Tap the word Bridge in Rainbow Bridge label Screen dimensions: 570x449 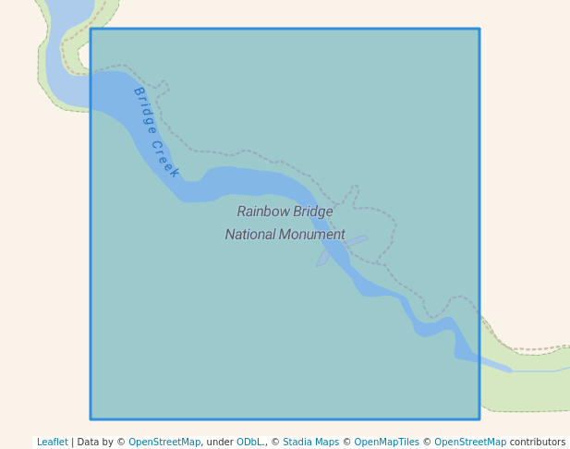[x=313, y=212]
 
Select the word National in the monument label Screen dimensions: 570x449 [x=250, y=235]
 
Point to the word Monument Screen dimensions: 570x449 [x=312, y=235]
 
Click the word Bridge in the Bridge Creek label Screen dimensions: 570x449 [x=144, y=110]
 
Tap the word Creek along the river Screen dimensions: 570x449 [x=165, y=159]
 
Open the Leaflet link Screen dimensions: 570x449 [x=52, y=443]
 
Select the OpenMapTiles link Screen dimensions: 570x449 [x=386, y=443]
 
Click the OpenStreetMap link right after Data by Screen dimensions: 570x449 [x=164, y=443]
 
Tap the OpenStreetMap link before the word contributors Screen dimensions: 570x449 [x=470, y=443]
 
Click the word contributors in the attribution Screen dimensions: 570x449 [x=538, y=443]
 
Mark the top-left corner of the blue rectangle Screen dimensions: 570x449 [x=91, y=30]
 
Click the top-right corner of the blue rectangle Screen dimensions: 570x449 [x=479, y=30]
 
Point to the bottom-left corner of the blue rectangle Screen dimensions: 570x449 [x=91, y=419]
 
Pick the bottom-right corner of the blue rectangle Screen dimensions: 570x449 [x=479, y=419]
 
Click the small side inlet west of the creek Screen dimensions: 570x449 [x=322, y=258]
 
